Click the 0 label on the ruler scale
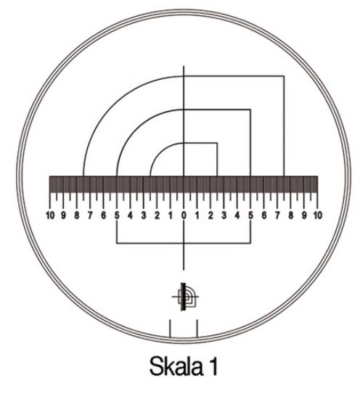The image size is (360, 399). tap(184, 215)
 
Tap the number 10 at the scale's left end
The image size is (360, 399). tap(50, 215)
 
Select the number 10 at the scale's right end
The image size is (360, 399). tap(318, 215)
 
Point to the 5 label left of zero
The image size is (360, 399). tap(117, 215)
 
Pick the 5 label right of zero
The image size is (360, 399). tap(251, 215)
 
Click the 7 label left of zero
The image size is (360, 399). tap(90, 215)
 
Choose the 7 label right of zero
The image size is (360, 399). tap(278, 215)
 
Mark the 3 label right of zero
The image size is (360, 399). tap(224, 215)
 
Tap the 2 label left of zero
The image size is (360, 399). tap(157, 215)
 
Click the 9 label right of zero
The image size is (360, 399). tap(305, 215)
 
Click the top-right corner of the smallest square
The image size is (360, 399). tap(217, 144)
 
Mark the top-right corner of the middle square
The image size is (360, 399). tap(250, 110)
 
